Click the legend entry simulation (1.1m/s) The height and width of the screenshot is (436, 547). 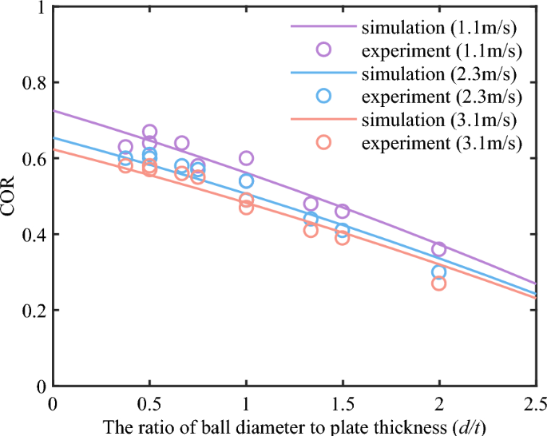(x=441, y=26)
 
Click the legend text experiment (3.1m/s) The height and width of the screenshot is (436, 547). (x=441, y=143)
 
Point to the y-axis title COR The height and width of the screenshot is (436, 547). (x=10, y=196)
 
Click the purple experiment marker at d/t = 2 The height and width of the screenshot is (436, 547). (x=439, y=249)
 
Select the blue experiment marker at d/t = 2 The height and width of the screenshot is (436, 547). (x=439, y=272)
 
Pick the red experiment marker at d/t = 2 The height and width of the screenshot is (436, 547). (x=439, y=283)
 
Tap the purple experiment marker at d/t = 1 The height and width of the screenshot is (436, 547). (x=246, y=158)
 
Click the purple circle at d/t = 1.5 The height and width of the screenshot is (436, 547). (x=343, y=211)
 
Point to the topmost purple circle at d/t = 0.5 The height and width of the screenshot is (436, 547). (x=149, y=132)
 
